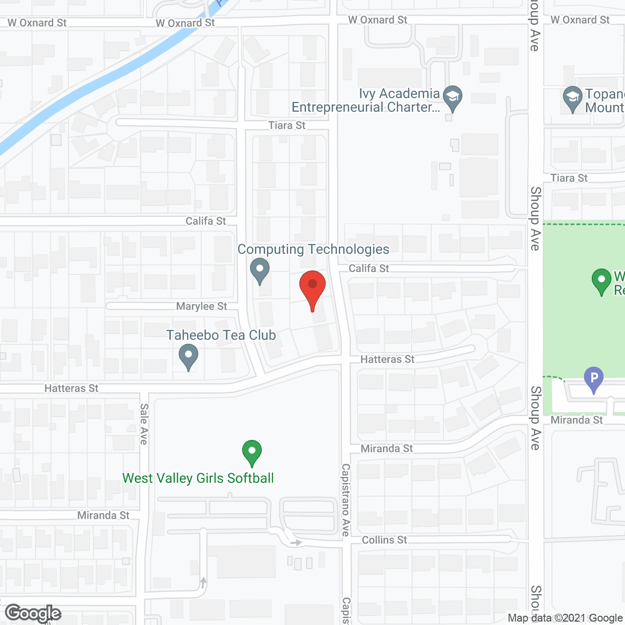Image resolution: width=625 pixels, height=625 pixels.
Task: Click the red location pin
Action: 312,286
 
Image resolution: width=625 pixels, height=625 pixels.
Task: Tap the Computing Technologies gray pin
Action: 260,270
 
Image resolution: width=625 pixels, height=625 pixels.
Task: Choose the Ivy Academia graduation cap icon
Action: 453,96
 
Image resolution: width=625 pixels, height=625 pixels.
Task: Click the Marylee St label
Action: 202,306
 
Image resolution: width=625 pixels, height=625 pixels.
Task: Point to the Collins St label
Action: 384,540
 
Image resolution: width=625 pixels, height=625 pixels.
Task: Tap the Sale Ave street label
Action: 144,424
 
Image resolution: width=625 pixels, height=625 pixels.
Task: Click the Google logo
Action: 33,613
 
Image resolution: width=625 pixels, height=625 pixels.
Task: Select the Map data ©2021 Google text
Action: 565,618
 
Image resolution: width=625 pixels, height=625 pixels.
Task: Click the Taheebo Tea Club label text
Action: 221,335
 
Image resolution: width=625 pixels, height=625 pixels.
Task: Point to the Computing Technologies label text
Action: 313,250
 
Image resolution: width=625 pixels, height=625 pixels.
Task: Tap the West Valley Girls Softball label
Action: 198,478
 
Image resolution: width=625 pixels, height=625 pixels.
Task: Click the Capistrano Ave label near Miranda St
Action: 346,500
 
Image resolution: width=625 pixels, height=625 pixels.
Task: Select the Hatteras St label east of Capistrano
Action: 387,359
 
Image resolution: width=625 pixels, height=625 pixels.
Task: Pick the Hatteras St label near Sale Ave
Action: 71,388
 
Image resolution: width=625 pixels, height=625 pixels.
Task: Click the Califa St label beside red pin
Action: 369,268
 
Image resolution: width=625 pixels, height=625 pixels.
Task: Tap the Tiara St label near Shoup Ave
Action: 569,178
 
